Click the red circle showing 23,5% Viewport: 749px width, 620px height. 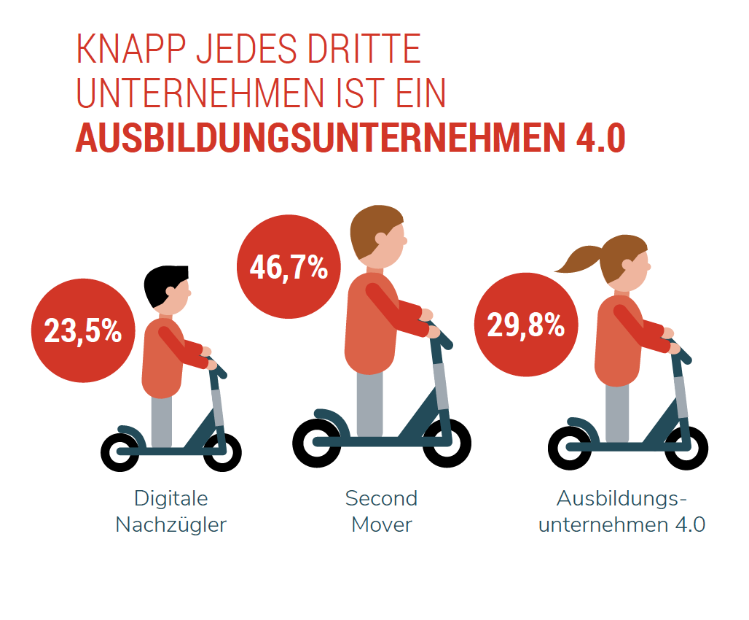coord(82,331)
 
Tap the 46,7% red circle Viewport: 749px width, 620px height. coord(289,267)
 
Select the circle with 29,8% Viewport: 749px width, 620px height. coord(525,325)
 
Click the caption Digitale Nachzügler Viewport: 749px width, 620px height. coord(171,511)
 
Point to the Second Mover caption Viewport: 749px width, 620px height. coord(381,511)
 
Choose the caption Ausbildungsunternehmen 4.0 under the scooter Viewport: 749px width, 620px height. coord(621,511)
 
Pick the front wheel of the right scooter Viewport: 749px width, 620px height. coord(685,446)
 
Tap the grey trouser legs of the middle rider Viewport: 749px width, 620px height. coord(369,404)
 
